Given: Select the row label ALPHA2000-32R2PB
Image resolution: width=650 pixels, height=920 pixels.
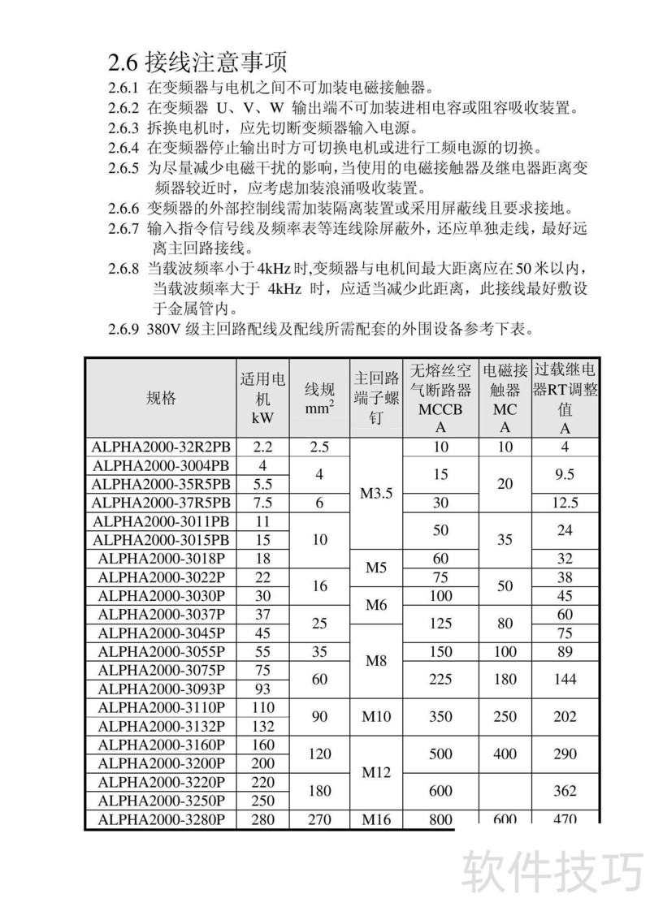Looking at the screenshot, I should pos(161,446).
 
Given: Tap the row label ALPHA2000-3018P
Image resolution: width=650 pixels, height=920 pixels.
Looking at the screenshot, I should pos(161,559).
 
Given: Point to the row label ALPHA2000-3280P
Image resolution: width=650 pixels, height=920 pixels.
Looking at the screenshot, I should pos(161,819).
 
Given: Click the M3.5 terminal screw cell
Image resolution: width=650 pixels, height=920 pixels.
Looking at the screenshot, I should pos(375,493).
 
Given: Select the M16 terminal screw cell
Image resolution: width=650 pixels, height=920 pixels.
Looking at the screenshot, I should pos(375,819).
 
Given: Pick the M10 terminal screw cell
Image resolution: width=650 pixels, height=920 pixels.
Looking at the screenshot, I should pos(375,716).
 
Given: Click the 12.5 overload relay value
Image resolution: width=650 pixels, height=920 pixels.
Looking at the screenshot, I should pos(565,503).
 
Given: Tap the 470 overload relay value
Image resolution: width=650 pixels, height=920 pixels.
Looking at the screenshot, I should pos(565,819).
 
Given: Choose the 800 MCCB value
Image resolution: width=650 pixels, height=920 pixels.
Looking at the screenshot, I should pos(440,819).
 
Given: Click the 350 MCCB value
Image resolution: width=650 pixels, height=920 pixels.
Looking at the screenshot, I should pos(440,716).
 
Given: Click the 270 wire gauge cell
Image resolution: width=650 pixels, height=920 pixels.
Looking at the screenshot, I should pos(319,819).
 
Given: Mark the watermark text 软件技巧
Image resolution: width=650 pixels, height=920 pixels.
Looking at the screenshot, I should pos(553,872).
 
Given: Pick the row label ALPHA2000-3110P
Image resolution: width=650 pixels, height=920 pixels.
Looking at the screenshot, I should pos(161,707).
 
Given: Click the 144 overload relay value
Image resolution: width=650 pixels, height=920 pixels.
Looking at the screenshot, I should pos(565,679).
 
